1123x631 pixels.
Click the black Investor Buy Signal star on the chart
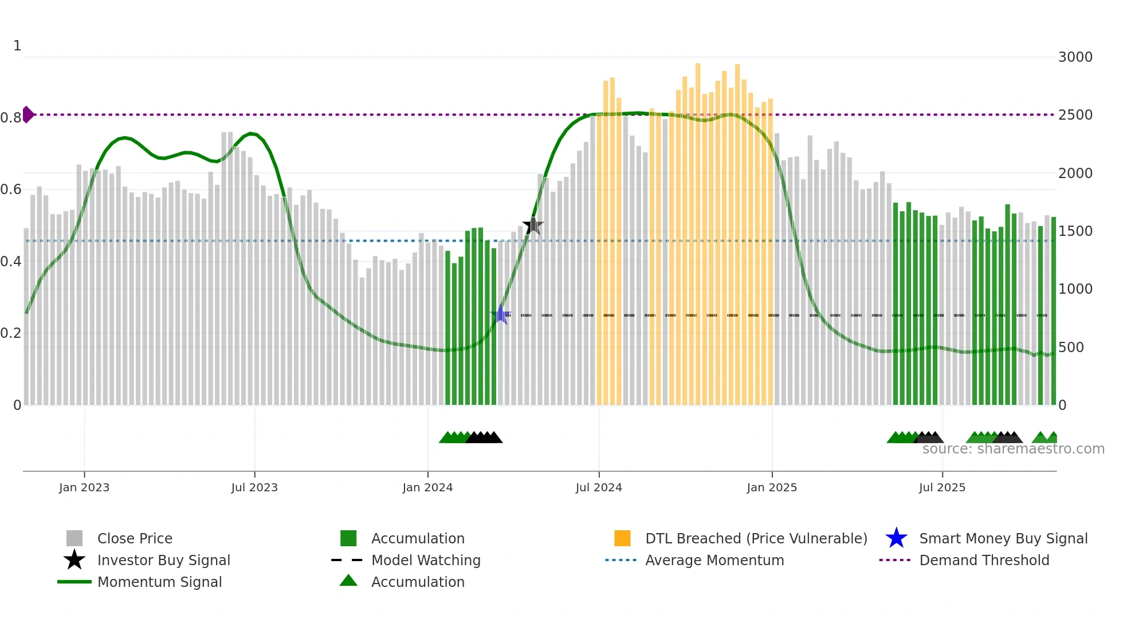[x=533, y=226]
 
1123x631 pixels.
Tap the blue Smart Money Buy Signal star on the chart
[x=500, y=315]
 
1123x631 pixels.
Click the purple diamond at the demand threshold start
[x=28, y=115]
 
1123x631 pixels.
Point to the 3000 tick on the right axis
[x=1075, y=57]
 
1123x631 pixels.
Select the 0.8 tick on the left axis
[x=11, y=118]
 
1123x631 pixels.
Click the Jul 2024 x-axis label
[x=599, y=487]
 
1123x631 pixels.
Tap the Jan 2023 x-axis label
[x=84, y=487]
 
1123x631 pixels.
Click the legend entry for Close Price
[x=135, y=538]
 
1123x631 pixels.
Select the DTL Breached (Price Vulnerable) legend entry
[x=756, y=538]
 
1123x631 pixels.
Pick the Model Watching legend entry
[x=426, y=560]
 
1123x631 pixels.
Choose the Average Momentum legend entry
[x=714, y=560]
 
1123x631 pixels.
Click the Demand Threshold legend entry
[x=984, y=560]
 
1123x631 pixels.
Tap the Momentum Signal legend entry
[x=159, y=582]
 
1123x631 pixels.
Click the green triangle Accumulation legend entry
[x=418, y=582]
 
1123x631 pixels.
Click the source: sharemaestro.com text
[x=1013, y=449]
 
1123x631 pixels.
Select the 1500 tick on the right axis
[x=1075, y=231]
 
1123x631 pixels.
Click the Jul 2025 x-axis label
[x=942, y=487]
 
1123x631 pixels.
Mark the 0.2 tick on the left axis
[x=11, y=333]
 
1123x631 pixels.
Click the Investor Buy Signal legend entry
[x=163, y=560]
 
